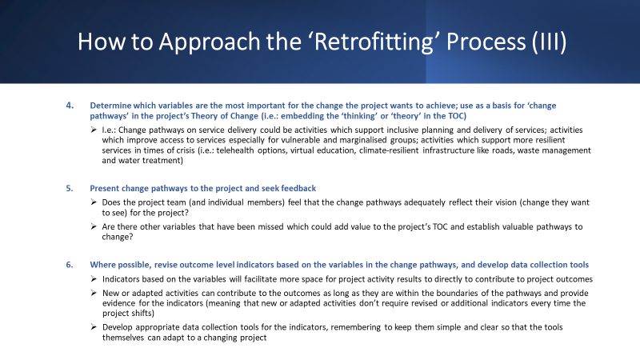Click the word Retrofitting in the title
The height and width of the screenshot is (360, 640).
pos(374,42)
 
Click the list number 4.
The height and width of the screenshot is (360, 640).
pos(70,106)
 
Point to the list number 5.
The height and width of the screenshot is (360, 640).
pos(70,188)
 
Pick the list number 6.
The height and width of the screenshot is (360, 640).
pos(70,265)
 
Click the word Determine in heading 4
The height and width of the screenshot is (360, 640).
pos(110,106)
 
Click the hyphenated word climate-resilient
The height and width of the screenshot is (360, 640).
pos(389,150)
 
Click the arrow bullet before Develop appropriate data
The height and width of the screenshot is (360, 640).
pos(94,326)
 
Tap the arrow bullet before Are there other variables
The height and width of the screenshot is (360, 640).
pos(94,226)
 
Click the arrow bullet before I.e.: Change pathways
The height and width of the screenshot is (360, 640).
pos(94,130)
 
